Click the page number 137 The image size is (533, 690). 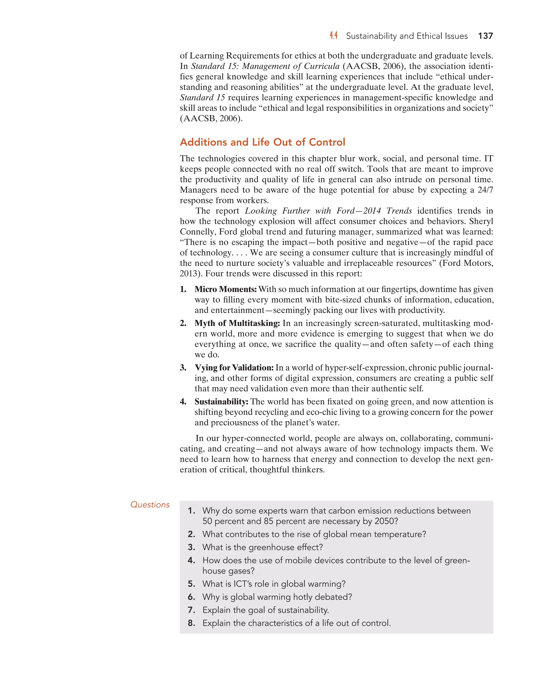[x=485, y=36]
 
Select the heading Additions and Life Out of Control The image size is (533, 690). [x=262, y=142]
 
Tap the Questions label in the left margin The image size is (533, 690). [x=150, y=505]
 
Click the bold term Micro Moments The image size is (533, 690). [x=225, y=289]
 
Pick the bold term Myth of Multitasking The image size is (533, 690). [x=237, y=323]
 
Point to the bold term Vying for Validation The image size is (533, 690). [x=234, y=367]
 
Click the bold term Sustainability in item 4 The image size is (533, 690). [x=221, y=402]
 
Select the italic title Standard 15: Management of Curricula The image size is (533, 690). [x=265, y=66]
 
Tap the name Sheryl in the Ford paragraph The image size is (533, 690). [x=481, y=221]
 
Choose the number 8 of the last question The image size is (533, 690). [x=191, y=623]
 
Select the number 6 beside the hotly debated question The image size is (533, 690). [x=191, y=597]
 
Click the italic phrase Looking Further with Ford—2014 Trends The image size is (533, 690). [x=328, y=211]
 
